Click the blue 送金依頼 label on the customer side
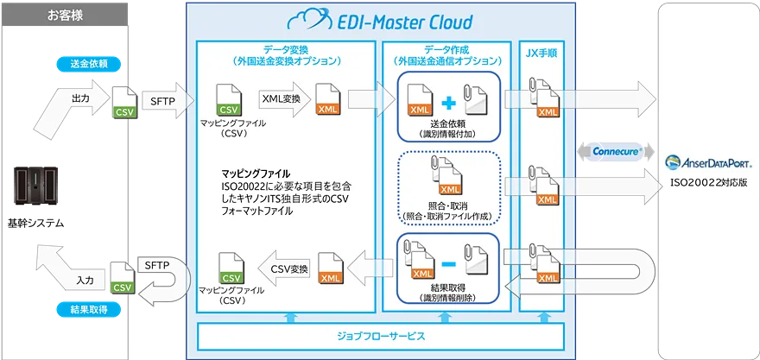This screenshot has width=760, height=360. [x=88, y=65]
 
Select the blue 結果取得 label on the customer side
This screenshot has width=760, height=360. [x=88, y=308]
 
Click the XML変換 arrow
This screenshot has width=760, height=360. [x=284, y=101]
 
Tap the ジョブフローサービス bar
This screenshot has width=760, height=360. [x=380, y=335]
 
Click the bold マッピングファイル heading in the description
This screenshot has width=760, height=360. [x=256, y=173]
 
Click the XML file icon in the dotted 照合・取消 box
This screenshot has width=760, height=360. [x=449, y=184]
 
